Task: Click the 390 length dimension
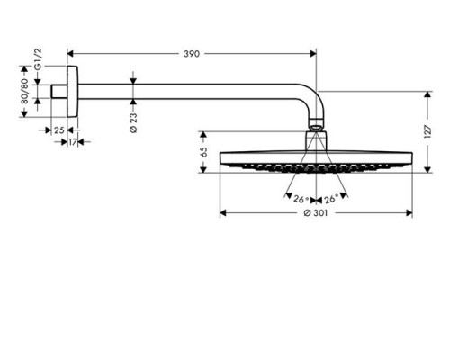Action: tap(191, 55)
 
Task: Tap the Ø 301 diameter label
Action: tap(313, 213)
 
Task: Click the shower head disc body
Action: tap(315, 159)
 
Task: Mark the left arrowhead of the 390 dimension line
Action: tap(71, 55)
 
